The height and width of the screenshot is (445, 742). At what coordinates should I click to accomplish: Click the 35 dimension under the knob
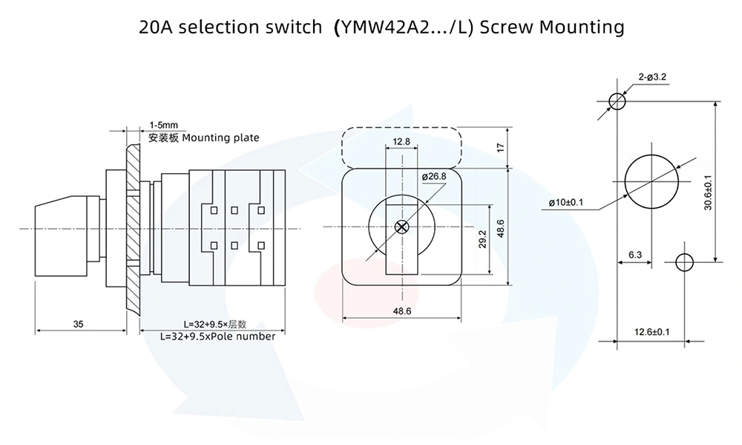coord(78,323)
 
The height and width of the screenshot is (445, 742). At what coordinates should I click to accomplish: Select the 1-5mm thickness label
coord(162,126)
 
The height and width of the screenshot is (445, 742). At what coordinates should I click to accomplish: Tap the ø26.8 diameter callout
coord(433,176)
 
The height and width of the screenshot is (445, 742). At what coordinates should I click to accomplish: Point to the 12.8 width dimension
coord(401,141)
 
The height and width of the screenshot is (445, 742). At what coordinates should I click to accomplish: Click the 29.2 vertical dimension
coord(482,238)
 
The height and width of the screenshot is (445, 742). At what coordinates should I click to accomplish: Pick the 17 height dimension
coord(499,148)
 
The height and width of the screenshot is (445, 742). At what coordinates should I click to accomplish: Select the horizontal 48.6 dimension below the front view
coord(401,311)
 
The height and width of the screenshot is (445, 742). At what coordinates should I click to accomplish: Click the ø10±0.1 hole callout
coord(567,202)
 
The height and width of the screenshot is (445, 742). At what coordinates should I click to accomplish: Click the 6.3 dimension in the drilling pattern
coord(635,255)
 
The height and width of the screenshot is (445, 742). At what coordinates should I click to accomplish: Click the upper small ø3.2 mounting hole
coord(617,100)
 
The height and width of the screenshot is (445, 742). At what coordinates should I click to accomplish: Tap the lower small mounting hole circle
coord(684,261)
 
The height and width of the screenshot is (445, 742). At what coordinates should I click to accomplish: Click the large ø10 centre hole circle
coord(651,181)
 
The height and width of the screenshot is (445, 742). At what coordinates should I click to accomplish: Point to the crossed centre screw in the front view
coord(402,227)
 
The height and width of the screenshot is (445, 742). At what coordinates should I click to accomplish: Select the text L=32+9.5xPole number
coord(217,336)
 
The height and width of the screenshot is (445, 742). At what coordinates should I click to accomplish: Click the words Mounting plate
coord(220,137)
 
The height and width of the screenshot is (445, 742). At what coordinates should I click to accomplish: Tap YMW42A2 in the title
coord(384,27)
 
